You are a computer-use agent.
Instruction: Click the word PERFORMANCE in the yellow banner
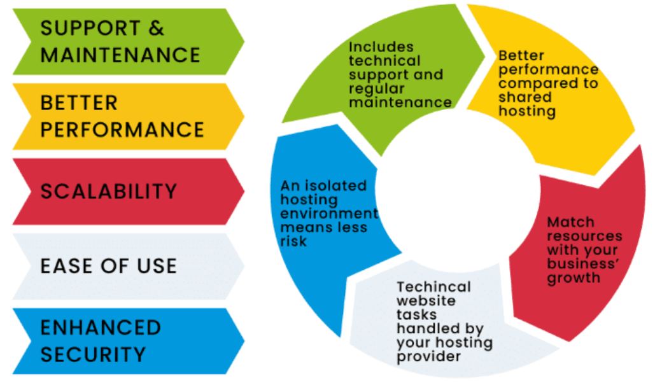coord(122,129)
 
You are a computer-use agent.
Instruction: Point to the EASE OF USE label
coord(108,266)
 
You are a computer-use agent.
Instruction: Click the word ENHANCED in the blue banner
coord(101,328)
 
